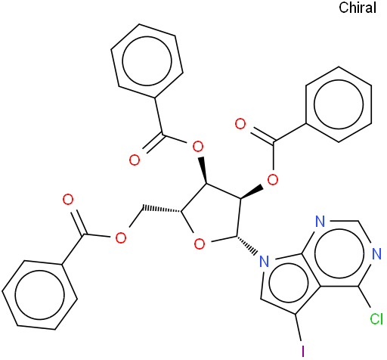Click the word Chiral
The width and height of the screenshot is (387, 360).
358,8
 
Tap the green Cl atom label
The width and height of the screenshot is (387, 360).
376,318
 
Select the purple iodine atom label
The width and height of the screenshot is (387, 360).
303,350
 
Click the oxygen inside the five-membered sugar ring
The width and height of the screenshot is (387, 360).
200,244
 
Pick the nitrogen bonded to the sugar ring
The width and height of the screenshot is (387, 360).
264,262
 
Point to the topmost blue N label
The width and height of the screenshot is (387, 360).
320,221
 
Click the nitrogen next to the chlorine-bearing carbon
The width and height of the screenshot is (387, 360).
376,253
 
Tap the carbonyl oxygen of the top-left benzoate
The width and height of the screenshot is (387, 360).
135,160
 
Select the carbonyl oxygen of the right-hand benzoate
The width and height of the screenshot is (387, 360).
240,124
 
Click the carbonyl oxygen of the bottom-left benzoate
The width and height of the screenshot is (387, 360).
68,200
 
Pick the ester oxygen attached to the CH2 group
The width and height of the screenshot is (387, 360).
120,237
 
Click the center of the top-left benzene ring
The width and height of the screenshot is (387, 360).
147,61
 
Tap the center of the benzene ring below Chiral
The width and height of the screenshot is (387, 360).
339,104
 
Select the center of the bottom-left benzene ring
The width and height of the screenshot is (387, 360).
39,295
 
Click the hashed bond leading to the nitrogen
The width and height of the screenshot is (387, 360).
247,244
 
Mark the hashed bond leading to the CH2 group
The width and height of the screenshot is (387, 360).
162,209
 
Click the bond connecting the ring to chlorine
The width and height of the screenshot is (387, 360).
364,297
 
